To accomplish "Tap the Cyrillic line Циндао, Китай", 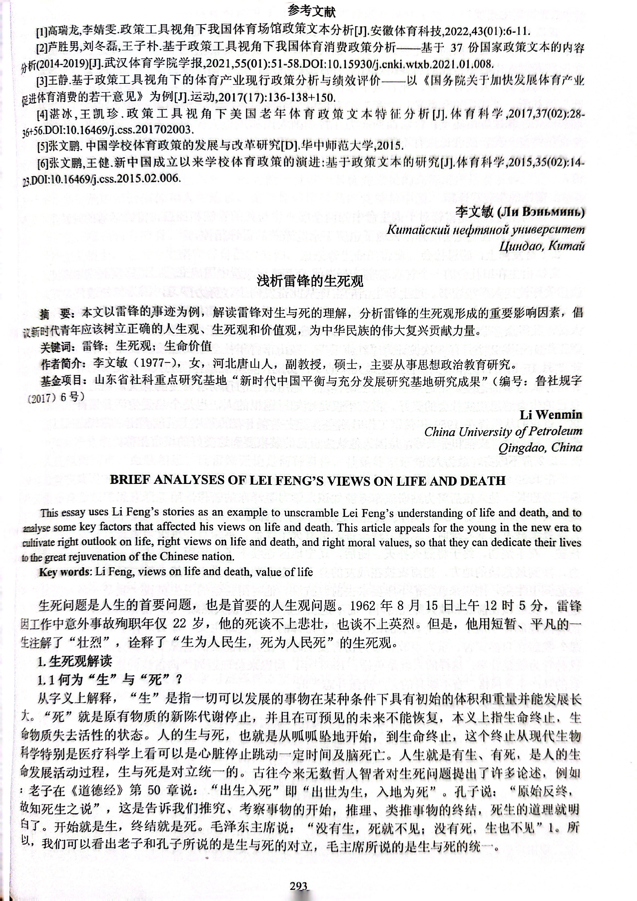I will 542,246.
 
